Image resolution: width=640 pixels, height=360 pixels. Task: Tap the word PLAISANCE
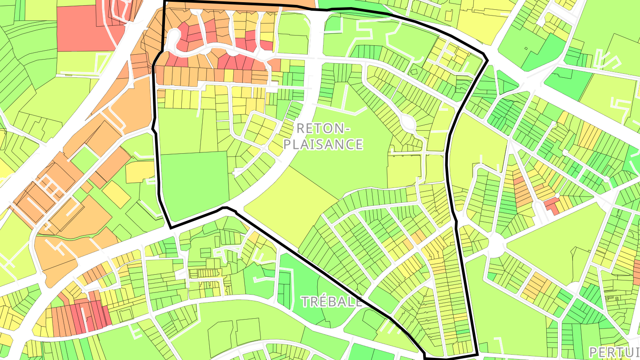[323, 144]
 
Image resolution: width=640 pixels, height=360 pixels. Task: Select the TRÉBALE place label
[332, 302]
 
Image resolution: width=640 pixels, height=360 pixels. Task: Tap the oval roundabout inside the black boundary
[408, 123]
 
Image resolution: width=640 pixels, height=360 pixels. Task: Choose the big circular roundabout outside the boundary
[496, 244]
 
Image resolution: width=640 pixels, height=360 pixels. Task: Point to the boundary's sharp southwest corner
[171, 228]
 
